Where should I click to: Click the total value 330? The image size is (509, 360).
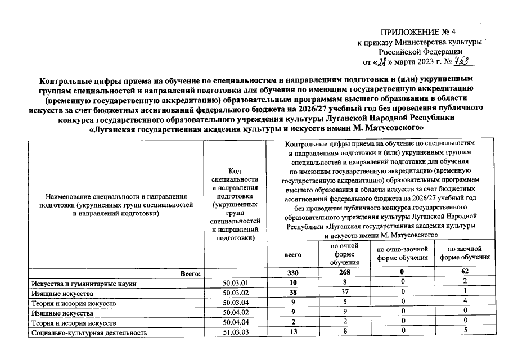coord(292,273)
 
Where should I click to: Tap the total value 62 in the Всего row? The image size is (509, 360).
coord(465,273)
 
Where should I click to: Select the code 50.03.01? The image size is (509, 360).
coord(236,282)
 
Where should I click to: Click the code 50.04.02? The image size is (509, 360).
coord(236,312)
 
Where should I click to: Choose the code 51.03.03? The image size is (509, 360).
coord(236,332)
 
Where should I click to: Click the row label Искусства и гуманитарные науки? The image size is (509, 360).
coord(84,283)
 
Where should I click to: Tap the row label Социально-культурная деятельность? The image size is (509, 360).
coord(90,332)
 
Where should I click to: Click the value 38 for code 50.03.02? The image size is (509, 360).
coord(292,292)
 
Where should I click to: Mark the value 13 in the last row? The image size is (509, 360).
coord(292,332)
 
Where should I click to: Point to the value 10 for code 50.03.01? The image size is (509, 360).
coord(292,282)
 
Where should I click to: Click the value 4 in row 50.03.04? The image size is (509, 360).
coord(465,303)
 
